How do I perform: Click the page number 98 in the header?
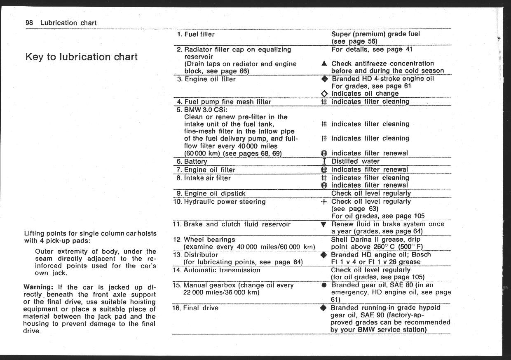point(29,23)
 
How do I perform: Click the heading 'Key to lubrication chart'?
point(82,57)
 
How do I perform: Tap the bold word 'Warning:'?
point(38,287)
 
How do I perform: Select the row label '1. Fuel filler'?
point(196,34)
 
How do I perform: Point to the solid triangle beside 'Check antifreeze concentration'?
point(324,64)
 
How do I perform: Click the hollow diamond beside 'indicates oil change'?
point(324,94)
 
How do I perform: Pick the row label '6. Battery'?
point(192,161)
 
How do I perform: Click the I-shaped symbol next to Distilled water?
point(324,161)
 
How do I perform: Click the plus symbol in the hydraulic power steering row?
point(324,202)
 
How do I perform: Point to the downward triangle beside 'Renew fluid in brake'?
point(324,225)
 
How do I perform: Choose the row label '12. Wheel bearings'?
point(204,239)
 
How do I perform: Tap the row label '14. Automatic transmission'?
point(217,270)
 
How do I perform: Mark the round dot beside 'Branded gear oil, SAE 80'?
point(324,285)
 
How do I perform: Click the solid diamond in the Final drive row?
point(324,308)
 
